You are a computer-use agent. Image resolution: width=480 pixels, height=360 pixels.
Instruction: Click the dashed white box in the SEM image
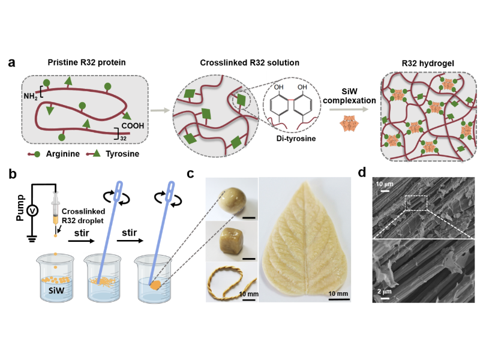(416, 203)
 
